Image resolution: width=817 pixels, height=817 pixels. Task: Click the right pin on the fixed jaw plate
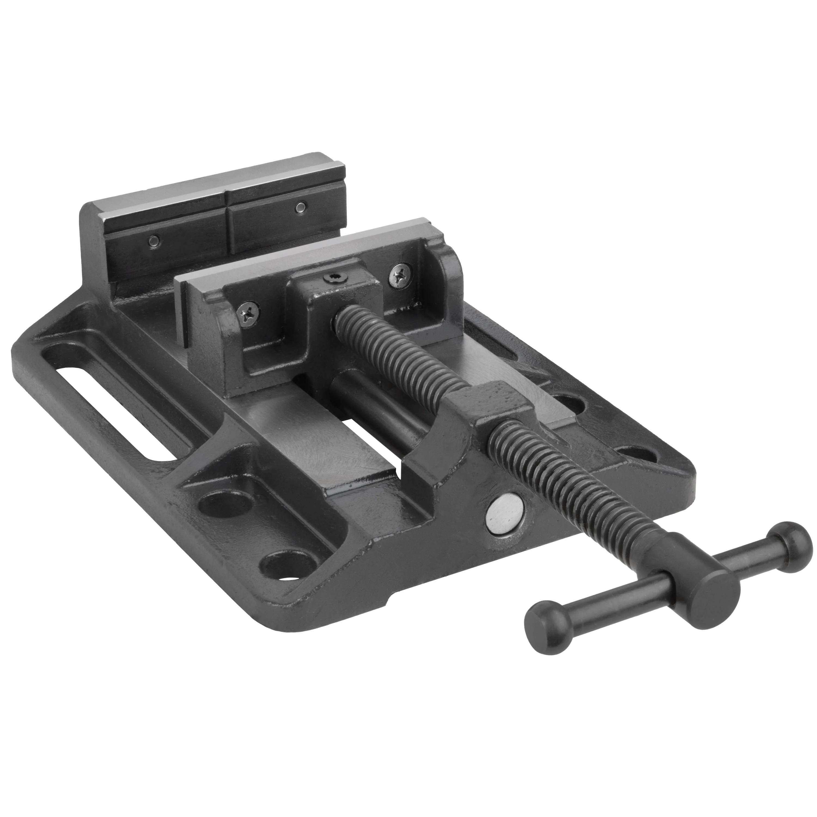coord(300,207)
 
